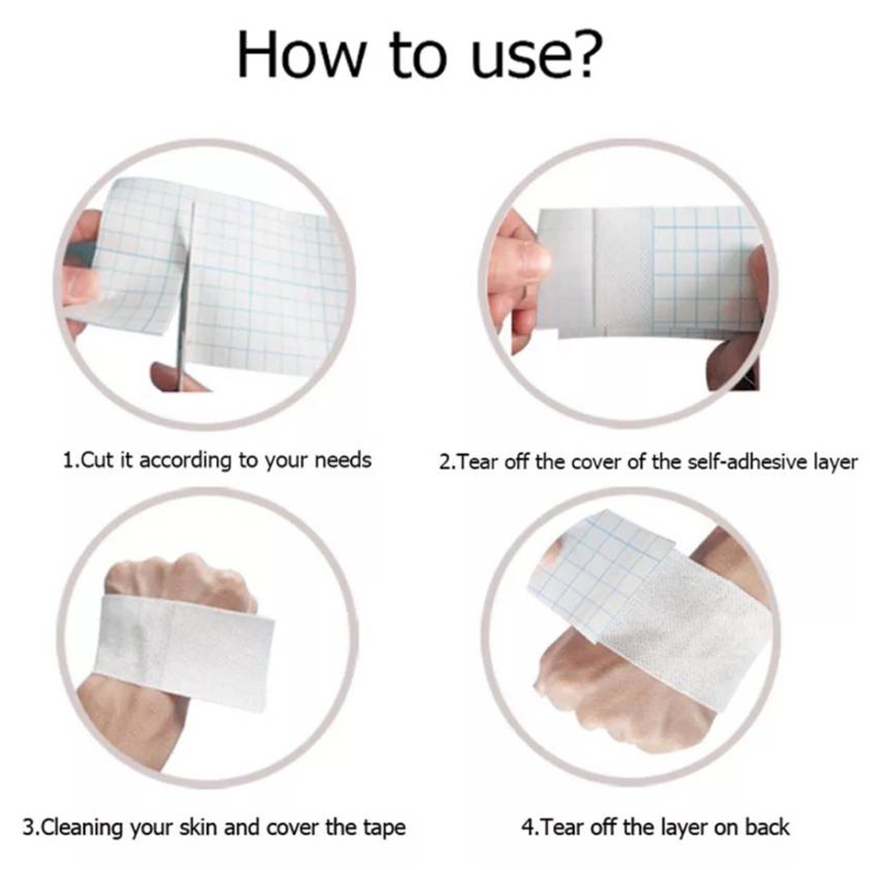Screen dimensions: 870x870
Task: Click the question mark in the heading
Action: point(584,54)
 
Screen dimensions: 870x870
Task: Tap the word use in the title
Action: point(517,59)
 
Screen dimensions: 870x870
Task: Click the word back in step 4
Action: point(766,827)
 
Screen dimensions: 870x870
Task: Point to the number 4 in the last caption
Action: point(528,828)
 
